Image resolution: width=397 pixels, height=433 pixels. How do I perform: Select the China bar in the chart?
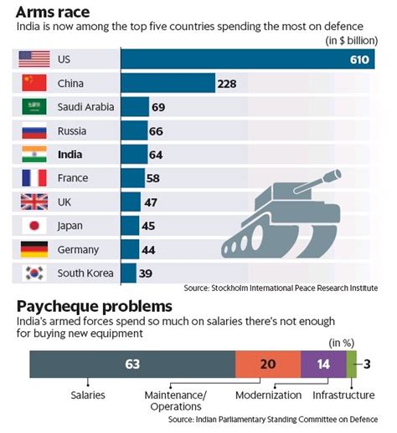[x=168, y=84]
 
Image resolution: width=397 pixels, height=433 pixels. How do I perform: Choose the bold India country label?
[x=70, y=155]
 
